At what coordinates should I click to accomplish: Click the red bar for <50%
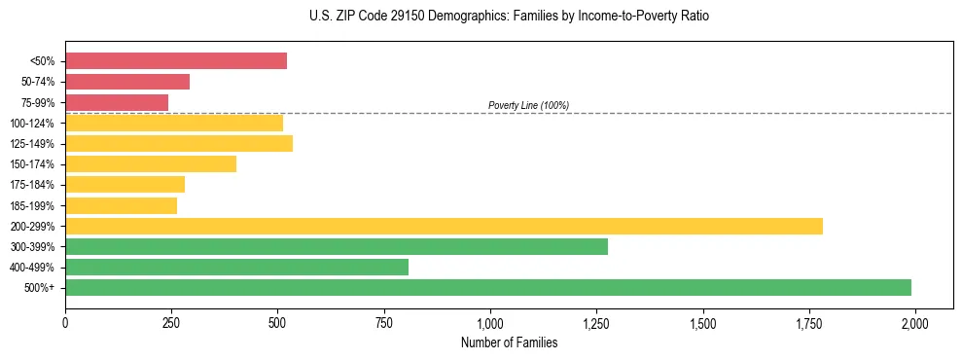pyautogui.click(x=176, y=61)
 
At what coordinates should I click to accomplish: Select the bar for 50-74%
pyautogui.click(x=127, y=82)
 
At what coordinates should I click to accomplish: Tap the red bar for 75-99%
pyautogui.click(x=117, y=102)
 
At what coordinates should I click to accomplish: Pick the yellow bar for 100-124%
pyautogui.click(x=174, y=123)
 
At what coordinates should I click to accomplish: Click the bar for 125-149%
pyautogui.click(x=179, y=144)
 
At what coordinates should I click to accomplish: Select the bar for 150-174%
pyautogui.click(x=151, y=164)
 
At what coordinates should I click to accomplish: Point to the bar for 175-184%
pyautogui.click(x=125, y=185)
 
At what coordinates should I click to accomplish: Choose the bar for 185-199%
pyautogui.click(x=121, y=205)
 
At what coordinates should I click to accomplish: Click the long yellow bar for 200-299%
pyautogui.click(x=444, y=227)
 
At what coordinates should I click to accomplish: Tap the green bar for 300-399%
pyautogui.click(x=337, y=247)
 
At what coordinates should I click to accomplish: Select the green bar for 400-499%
pyautogui.click(x=236, y=267)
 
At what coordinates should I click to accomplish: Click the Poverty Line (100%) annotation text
pyautogui.click(x=528, y=105)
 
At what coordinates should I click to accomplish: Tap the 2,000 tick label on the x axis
pyautogui.click(x=914, y=323)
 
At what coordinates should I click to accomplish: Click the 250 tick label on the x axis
pyautogui.click(x=171, y=323)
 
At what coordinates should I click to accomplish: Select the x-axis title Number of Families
pyautogui.click(x=509, y=342)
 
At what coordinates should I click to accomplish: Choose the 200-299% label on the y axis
pyautogui.click(x=35, y=227)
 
